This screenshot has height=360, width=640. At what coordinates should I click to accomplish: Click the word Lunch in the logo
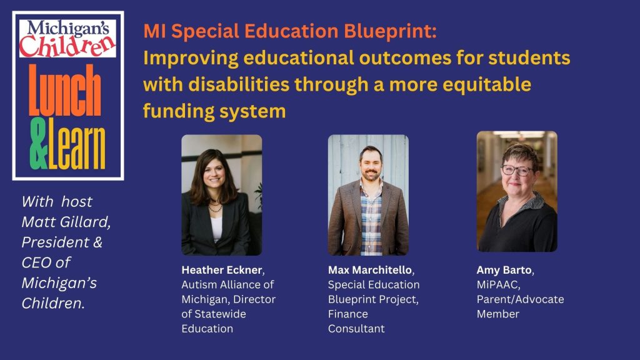tap(65, 91)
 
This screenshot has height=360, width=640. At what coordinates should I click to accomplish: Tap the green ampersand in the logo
tap(39, 143)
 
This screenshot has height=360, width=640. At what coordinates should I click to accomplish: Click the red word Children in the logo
tap(67, 46)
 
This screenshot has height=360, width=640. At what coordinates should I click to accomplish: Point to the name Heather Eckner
tap(222, 270)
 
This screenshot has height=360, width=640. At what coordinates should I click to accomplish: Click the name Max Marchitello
tap(370, 270)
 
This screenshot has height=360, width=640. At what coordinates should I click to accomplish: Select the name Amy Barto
tap(504, 270)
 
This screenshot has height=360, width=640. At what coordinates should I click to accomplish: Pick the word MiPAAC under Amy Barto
tap(497, 284)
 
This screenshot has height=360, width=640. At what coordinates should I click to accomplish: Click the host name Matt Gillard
tap(66, 222)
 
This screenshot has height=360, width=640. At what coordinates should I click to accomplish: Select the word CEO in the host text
tap(35, 262)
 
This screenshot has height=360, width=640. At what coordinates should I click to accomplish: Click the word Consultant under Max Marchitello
tap(356, 329)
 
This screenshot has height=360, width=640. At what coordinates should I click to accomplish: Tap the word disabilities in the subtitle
tap(238, 84)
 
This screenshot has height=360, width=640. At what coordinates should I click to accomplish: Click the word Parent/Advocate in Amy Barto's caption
tap(521, 299)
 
